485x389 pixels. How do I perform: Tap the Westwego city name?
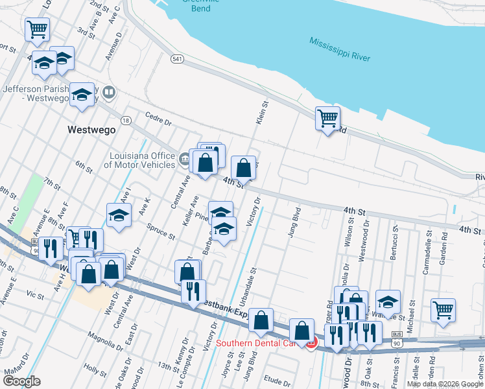click(x=91, y=130)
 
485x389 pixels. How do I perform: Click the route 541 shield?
click(x=178, y=58)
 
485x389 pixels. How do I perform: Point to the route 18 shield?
click(x=126, y=121)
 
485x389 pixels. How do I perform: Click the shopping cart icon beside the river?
click(x=328, y=118)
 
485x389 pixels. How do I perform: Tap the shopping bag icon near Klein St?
click(x=243, y=168)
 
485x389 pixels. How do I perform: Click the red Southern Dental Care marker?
click(x=311, y=343)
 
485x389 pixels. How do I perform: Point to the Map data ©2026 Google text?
click(x=445, y=384)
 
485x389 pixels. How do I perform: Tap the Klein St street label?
click(x=262, y=113)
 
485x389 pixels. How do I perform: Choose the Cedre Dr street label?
click(x=158, y=120)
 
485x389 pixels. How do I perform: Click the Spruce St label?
click(x=162, y=234)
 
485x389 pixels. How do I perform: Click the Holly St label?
click(x=95, y=371)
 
